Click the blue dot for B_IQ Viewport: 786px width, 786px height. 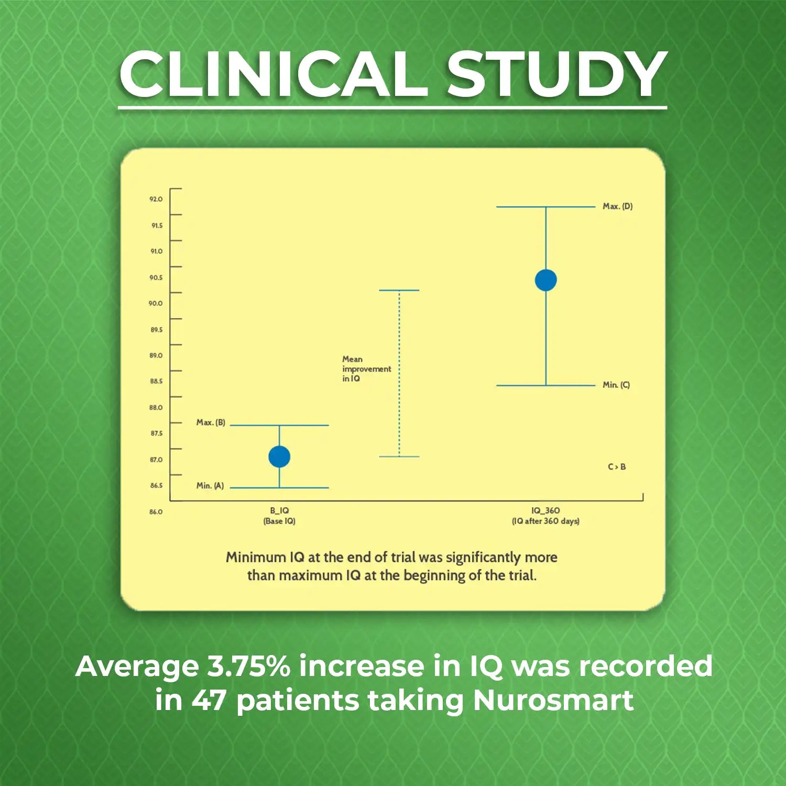(279, 456)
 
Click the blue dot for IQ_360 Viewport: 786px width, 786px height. (545, 280)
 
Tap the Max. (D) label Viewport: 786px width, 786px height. (617, 206)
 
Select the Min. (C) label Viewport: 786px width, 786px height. (616, 385)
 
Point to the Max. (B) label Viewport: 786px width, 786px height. (211, 422)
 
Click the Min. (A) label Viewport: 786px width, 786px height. (210, 486)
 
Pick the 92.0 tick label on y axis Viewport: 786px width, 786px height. (156, 199)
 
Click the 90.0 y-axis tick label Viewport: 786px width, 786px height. (156, 303)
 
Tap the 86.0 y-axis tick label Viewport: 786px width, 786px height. (156, 511)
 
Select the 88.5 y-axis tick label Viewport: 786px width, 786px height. (156, 381)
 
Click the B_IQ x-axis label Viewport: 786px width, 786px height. (279, 511)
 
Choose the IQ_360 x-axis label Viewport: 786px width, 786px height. (545, 511)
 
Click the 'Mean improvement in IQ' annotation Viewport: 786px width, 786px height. (366, 369)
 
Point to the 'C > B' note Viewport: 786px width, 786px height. (617, 467)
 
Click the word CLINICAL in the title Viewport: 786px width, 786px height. (273, 74)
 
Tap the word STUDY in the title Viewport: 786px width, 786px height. (556, 74)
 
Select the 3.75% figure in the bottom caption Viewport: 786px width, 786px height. (248, 667)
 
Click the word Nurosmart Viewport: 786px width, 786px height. (553, 701)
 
